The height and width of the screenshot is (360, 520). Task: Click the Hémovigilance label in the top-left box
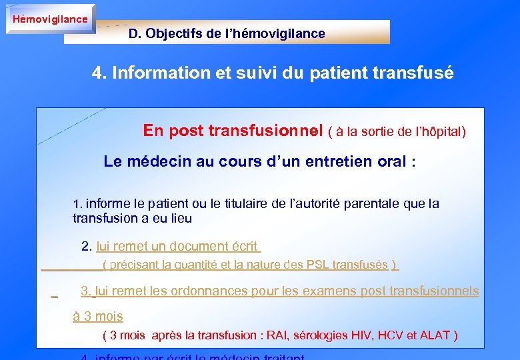(x=50, y=19)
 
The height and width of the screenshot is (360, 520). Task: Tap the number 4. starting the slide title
(x=99, y=73)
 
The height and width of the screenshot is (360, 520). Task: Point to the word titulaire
(x=250, y=204)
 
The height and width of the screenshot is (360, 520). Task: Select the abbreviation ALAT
(x=435, y=335)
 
